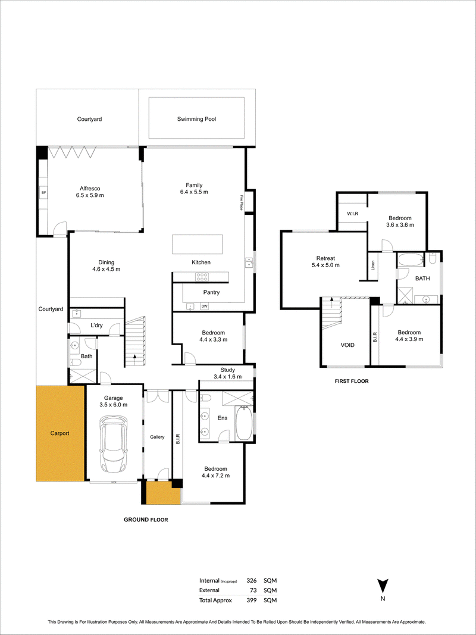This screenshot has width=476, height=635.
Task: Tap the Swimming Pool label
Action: [197, 119]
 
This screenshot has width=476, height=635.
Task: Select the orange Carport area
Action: [60, 433]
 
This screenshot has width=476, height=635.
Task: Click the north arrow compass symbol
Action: [383, 586]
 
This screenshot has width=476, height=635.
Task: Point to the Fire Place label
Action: [240, 202]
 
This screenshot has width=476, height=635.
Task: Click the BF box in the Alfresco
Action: [43, 193]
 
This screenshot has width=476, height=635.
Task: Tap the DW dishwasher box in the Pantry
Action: [204, 306]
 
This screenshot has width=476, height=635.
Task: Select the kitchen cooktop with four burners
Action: [202, 277]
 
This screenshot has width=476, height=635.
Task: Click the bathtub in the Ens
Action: [244, 423]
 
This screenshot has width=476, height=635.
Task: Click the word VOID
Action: [347, 345]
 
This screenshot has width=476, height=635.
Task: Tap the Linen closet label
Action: [373, 265]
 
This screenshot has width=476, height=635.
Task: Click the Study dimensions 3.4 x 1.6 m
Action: [227, 377]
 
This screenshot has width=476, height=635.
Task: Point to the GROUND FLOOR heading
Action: [146, 520]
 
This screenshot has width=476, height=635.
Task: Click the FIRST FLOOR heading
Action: [352, 381]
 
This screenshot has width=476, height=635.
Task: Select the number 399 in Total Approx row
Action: [252, 600]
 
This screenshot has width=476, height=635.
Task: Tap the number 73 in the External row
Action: [254, 590]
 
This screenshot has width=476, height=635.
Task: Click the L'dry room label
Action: [96, 326]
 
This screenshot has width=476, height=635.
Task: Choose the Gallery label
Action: [158, 437]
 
